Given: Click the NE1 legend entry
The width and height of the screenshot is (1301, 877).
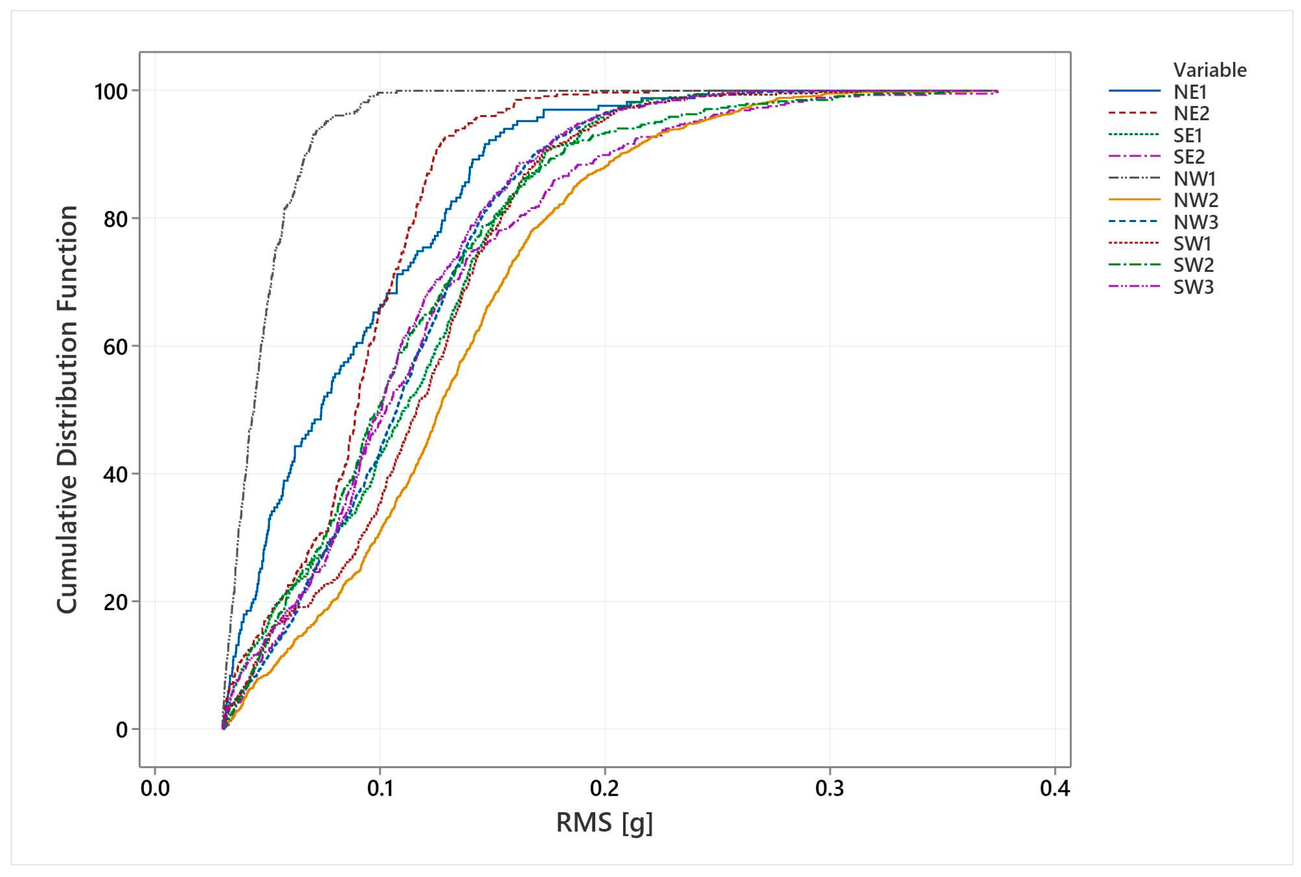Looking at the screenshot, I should pyautogui.click(x=1190, y=91).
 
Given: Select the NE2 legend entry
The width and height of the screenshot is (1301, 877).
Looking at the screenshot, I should pyautogui.click(x=1191, y=113).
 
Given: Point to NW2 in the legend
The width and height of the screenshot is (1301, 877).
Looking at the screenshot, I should pyautogui.click(x=1196, y=200).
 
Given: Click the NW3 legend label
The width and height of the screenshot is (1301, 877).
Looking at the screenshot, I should pyautogui.click(x=1196, y=222).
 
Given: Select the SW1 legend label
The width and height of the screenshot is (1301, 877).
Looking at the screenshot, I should pyautogui.click(x=1193, y=243).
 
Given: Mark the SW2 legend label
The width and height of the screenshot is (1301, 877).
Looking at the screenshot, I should pyautogui.click(x=1194, y=265).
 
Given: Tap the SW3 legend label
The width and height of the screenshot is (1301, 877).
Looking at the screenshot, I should pyautogui.click(x=1194, y=287).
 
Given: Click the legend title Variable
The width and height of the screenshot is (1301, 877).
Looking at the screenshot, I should pyautogui.click(x=1210, y=70).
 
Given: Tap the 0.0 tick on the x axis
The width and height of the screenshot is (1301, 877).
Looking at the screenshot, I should pyautogui.click(x=155, y=789).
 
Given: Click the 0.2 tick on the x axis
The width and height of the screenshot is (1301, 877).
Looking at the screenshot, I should pyautogui.click(x=604, y=789).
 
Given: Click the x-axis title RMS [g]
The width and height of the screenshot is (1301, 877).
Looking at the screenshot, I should pyautogui.click(x=604, y=823).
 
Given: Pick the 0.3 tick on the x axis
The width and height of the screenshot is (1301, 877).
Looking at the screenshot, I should pyautogui.click(x=830, y=789).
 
